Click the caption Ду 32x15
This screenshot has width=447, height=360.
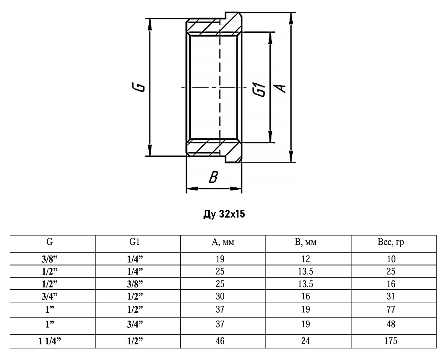click(x=223, y=215)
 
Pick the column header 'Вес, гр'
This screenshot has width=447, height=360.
click(x=393, y=243)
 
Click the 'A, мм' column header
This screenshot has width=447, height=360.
click(x=223, y=243)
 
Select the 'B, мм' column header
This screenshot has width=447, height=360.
click(x=308, y=243)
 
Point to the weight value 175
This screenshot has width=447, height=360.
click(x=393, y=340)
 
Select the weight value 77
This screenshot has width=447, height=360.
click(x=393, y=309)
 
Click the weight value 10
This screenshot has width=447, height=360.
click(x=393, y=259)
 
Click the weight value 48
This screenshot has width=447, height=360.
click(x=393, y=324)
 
